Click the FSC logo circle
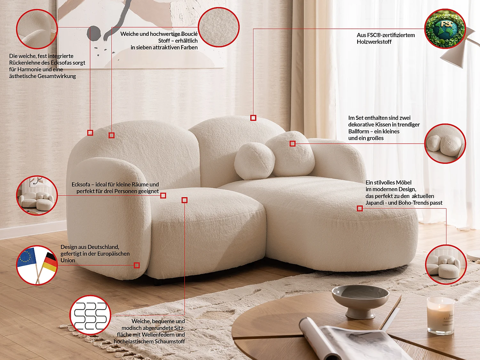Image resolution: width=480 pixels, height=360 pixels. (x=445, y=29)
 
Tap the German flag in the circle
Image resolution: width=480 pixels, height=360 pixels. (x=50, y=261)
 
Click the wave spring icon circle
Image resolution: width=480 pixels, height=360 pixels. (x=90, y=315)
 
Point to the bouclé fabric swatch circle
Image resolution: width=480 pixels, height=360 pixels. (x=219, y=27)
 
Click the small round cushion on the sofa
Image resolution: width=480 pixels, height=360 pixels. (x=254, y=161)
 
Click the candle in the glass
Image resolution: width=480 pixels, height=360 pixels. (x=440, y=315)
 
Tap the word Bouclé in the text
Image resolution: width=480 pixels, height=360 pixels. (x=189, y=34)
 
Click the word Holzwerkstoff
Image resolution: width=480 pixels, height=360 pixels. (x=374, y=42)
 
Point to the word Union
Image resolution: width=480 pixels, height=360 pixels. (x=68, y=260)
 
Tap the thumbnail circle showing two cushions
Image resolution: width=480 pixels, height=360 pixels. (x=445, y=144)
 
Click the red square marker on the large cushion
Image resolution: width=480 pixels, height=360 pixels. (x=292, y=144)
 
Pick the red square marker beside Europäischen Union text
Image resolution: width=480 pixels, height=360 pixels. (x=137, y=265)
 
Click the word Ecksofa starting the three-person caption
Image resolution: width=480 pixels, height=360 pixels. (x=81, y=185)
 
